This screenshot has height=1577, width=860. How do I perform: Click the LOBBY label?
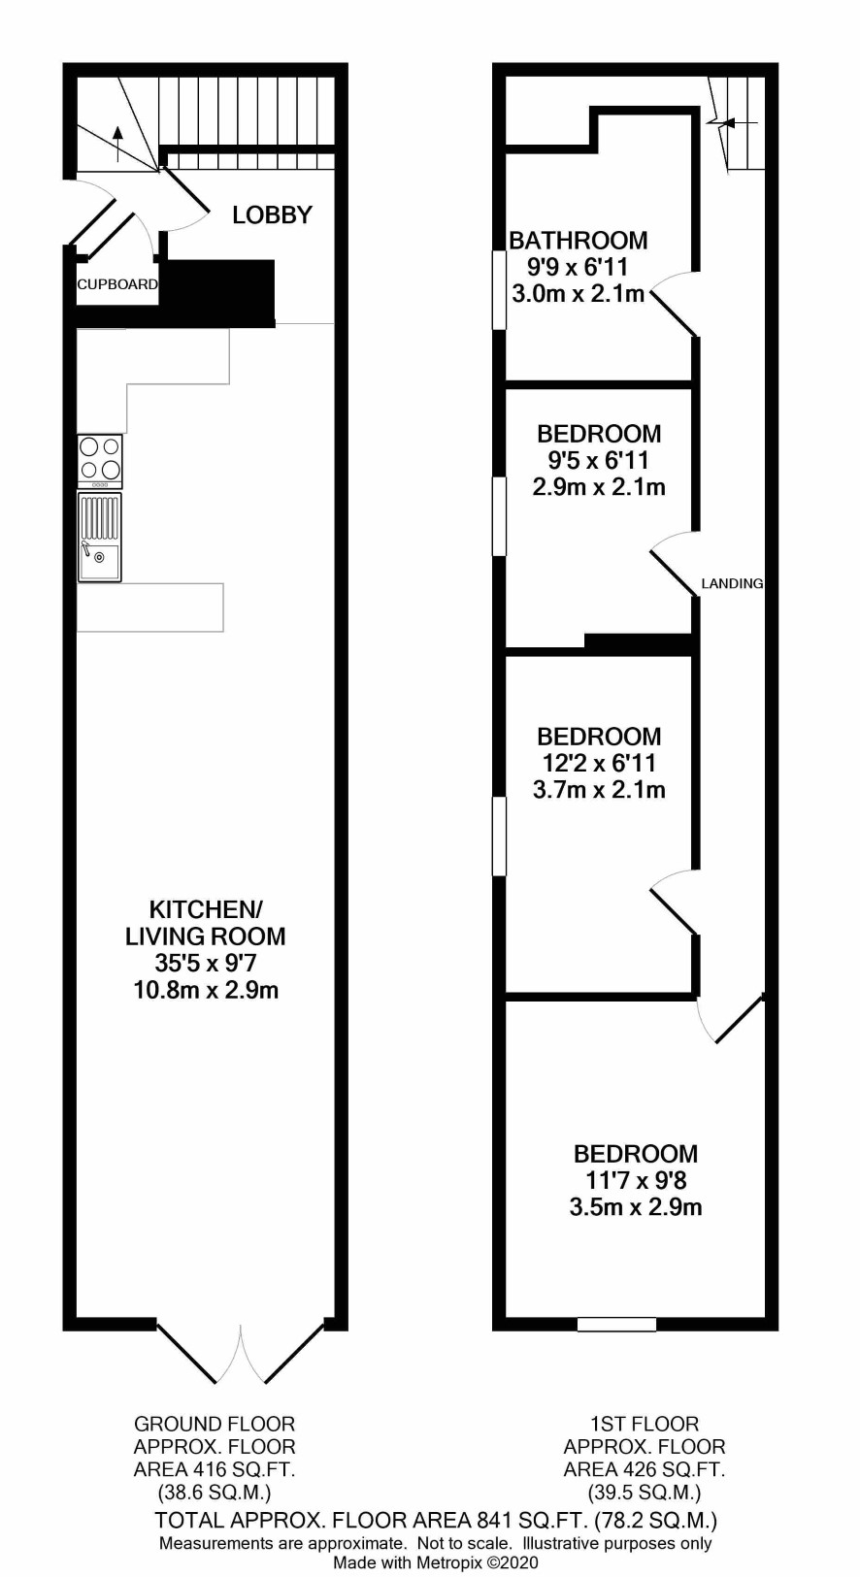272,214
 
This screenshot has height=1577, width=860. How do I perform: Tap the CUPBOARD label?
116,284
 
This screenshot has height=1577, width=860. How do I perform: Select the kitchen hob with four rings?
100,461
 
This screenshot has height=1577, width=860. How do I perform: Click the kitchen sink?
100,537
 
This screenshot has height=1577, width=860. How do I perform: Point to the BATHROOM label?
579,241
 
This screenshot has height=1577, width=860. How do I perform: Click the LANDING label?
732,583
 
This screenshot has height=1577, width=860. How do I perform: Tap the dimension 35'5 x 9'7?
206,963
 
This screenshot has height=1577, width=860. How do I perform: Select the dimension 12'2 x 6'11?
599,763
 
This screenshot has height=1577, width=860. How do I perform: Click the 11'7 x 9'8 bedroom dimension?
636,1180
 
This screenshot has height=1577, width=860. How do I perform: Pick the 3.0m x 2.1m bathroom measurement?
579,294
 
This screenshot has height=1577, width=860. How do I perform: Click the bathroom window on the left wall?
499,290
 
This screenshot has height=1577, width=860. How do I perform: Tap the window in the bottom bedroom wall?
616,1324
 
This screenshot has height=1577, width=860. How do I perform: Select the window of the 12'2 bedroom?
499,837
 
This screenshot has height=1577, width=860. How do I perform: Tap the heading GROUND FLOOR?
215,1425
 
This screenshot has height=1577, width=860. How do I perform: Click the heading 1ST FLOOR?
645,1425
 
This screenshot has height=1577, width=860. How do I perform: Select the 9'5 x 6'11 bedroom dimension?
599,460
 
